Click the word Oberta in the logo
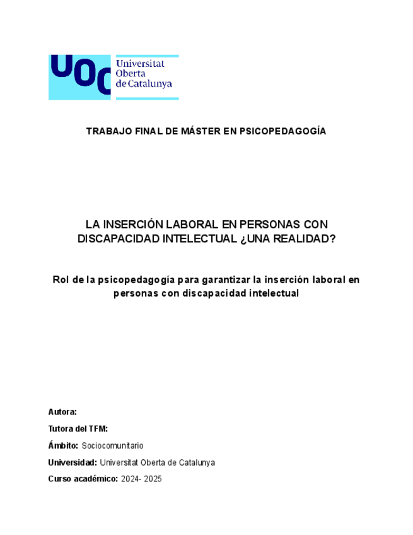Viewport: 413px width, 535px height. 130,73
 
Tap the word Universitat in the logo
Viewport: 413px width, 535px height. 140,63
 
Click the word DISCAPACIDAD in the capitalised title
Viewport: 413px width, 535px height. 118,239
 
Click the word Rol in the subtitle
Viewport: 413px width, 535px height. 61,279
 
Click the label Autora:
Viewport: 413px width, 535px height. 62,412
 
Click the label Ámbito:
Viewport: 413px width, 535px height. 63,445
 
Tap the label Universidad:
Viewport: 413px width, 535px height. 73,462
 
